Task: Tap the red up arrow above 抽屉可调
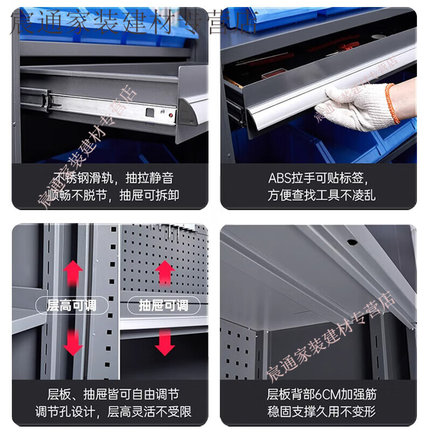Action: click(x=165, y=272)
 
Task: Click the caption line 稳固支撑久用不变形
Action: click(x=322, y=412)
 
